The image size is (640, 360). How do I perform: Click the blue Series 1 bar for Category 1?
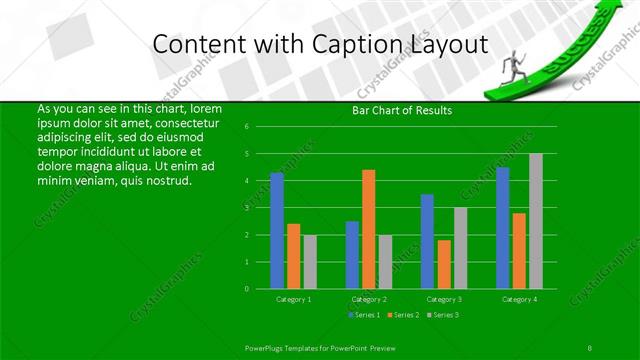pos(277,230)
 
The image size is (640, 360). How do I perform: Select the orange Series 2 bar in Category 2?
pos(368,229)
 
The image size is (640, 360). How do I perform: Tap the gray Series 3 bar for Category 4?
pos(535,221)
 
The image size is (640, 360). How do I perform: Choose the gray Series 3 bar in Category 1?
pos(309,262)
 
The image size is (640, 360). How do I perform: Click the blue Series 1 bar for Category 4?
pos(503,228)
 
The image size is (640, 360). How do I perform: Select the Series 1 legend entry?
pos(363,315)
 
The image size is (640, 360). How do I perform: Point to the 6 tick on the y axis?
pos(260,127)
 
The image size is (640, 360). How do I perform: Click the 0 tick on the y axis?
pos(260,289)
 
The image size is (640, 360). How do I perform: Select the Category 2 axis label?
pos(369,299)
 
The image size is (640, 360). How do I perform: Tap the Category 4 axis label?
pos(519,299)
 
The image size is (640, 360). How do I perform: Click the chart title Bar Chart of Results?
pos(403,110)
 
